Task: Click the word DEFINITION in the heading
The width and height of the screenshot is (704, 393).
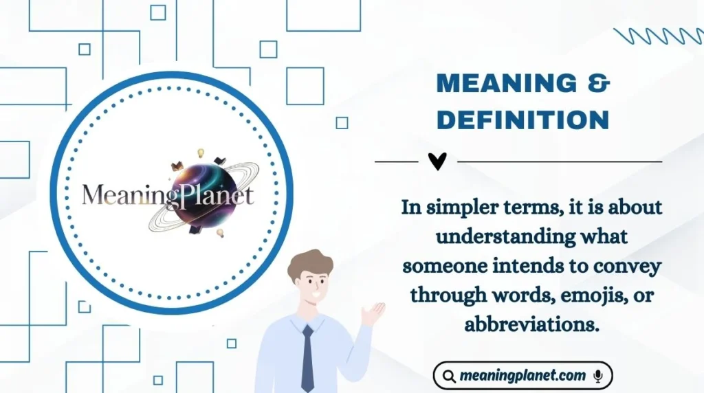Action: tap(523, 120)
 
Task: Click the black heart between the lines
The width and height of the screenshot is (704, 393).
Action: tap(437, 161)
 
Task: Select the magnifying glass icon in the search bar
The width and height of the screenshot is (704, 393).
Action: tap(449, 377)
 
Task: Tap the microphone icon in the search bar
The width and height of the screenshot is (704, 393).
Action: tap(598, 376)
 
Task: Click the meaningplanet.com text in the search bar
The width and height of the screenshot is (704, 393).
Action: tap(523, 376)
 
